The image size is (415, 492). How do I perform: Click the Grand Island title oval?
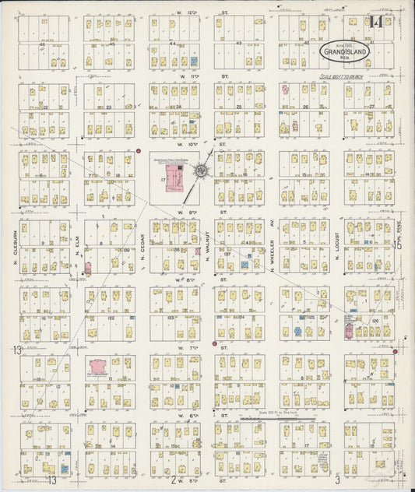pos(346,51)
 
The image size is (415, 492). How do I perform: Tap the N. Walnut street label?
pos(208,255)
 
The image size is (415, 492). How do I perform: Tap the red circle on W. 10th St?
pos(137,151)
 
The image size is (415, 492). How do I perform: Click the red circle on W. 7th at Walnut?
pos(214,343)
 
